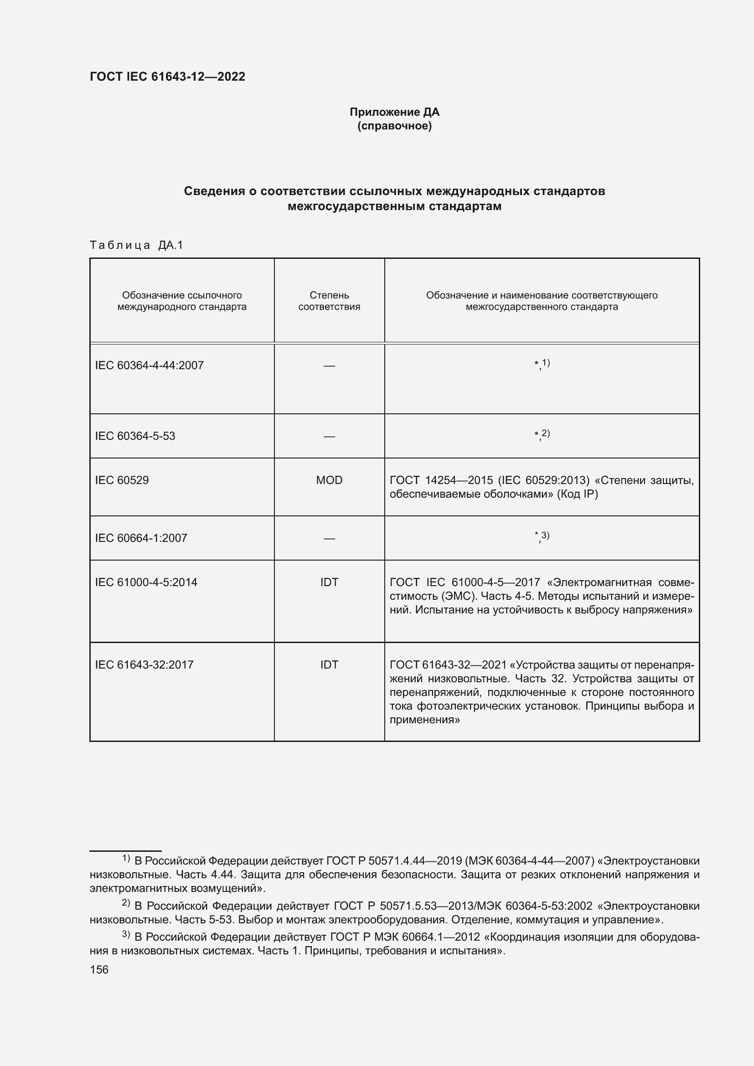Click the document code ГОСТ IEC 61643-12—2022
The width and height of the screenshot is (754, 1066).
(167, 77)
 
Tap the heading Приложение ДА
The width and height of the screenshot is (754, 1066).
(394, 112)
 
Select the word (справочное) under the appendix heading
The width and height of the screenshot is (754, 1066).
(394, 126)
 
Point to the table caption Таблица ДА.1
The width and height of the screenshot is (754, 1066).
(136, 245)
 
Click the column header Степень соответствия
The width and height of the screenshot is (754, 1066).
(329, 301)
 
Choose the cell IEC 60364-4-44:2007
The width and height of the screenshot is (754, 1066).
(149, 366)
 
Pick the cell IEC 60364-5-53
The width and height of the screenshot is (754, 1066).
(135, 436)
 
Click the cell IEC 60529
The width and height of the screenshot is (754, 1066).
(122, 480)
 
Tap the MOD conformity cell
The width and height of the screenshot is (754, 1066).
(329, 480)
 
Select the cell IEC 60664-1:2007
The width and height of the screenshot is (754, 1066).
(141, 538)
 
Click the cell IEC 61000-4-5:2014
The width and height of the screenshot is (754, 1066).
(146, 582)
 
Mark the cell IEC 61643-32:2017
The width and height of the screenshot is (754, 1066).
(144, 665)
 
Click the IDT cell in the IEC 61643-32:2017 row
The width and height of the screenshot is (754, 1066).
(329, 665)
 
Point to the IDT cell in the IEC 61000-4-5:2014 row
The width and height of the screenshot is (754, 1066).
(329, 582)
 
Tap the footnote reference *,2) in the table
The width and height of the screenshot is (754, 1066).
(542, 435)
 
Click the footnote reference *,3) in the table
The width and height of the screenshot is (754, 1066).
(542, 537)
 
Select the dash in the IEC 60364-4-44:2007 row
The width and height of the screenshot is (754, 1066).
(329, 366)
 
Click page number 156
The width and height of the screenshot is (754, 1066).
(99, 970)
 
